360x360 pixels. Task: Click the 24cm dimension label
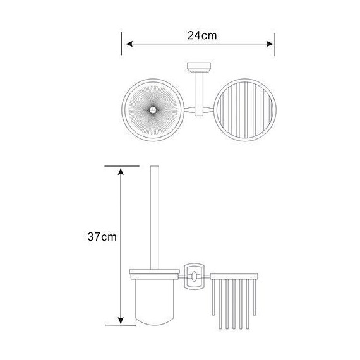click(202, 35)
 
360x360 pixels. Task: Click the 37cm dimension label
click(102, 237)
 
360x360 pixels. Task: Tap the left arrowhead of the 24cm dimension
click(129, 44)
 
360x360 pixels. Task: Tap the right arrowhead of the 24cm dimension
click(270, 44)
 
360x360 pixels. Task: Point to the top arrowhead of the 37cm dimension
click(121, 172)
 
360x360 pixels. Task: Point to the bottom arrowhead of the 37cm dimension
click(121, 320)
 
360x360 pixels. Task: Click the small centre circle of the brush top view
click(152, 110)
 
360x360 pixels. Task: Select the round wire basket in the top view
click(245, 110)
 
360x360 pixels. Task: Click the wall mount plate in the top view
click(199, 66)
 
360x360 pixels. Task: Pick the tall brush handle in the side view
click(154, 217)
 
